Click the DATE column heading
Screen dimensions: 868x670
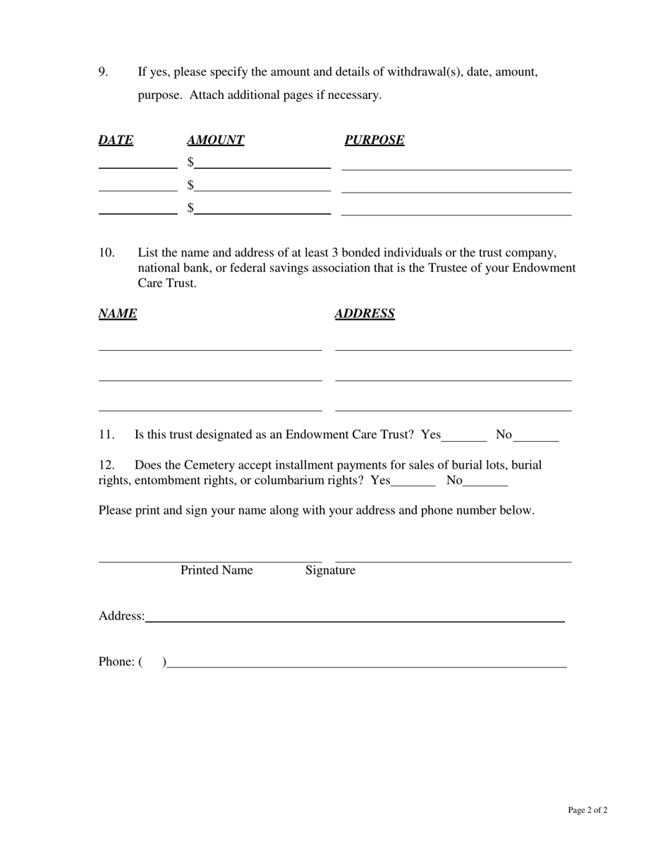click(x=116, y=140)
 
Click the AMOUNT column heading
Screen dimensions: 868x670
click(x=215, y=140)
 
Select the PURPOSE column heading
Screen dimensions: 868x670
click(x=374, y=140)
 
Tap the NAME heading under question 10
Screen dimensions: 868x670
click(x=117, y=313)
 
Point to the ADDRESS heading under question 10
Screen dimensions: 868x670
click(x=365, y=313)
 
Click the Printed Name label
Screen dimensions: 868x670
click(x=217, y=570)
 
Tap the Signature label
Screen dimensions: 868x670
click(x=330, y=570)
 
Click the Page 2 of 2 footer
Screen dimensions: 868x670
click(x=587, y=810)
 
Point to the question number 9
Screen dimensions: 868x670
click(x=103, y=72)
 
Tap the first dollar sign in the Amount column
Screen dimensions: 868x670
click(x=190, y=162)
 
